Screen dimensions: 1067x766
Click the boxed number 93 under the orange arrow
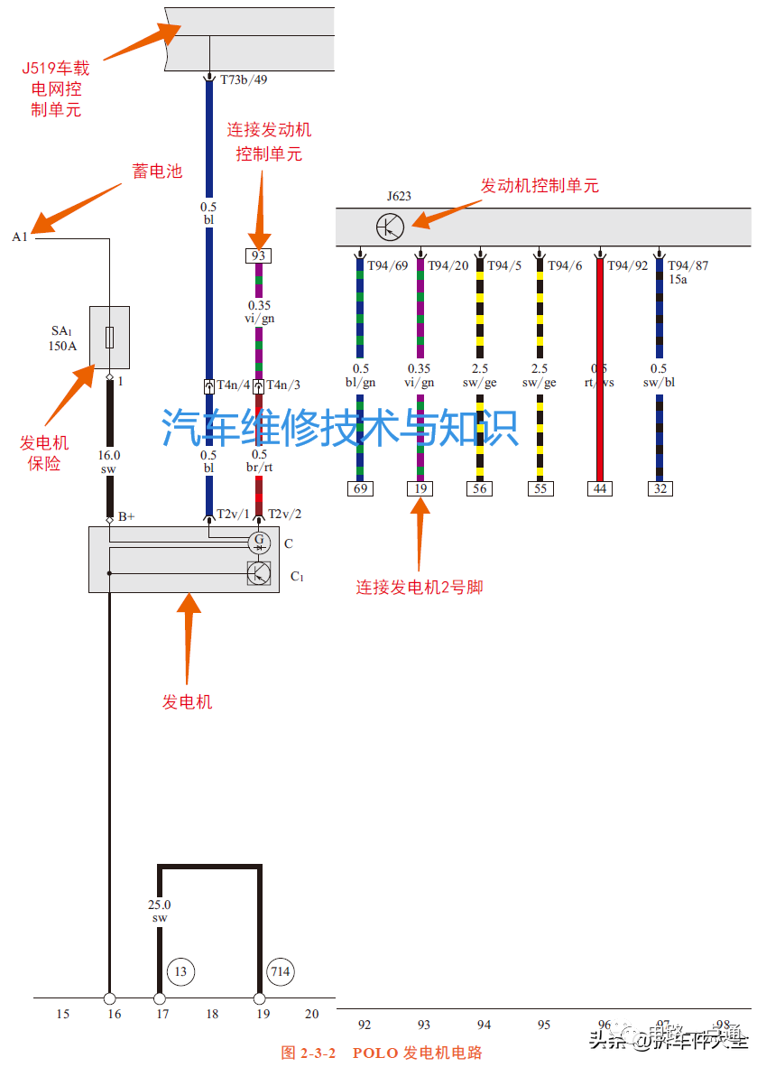click(x=259, y=255)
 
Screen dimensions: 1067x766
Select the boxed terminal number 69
click(x=360, y=488)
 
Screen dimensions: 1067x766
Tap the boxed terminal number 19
click(x=420, y=488)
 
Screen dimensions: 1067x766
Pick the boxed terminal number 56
click(x=479, y=488)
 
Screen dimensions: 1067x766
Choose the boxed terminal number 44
click(x=599, y=488)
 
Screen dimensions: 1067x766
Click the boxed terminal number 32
click(x=660, y=488)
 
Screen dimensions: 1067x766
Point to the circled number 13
click(x=181, y=971)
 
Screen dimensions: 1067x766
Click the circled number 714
click(x=281, y=971)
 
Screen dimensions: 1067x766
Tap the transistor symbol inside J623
click(x=390, y=226)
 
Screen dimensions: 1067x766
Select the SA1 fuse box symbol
click(x=109, y=338)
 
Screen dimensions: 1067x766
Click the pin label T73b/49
click(x=244, y=79)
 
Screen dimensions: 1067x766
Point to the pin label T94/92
click(x=627, y=265)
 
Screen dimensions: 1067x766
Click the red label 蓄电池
click(x=158, y=171)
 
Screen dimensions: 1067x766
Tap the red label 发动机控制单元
click(x=540, y=186)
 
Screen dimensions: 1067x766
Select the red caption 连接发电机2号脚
click(x=420, y=587)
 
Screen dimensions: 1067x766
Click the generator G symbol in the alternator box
click(x=259, y=542)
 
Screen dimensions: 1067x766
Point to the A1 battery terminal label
click(x=20, y=237)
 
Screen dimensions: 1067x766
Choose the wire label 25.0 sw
click(x=160, y=911)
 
